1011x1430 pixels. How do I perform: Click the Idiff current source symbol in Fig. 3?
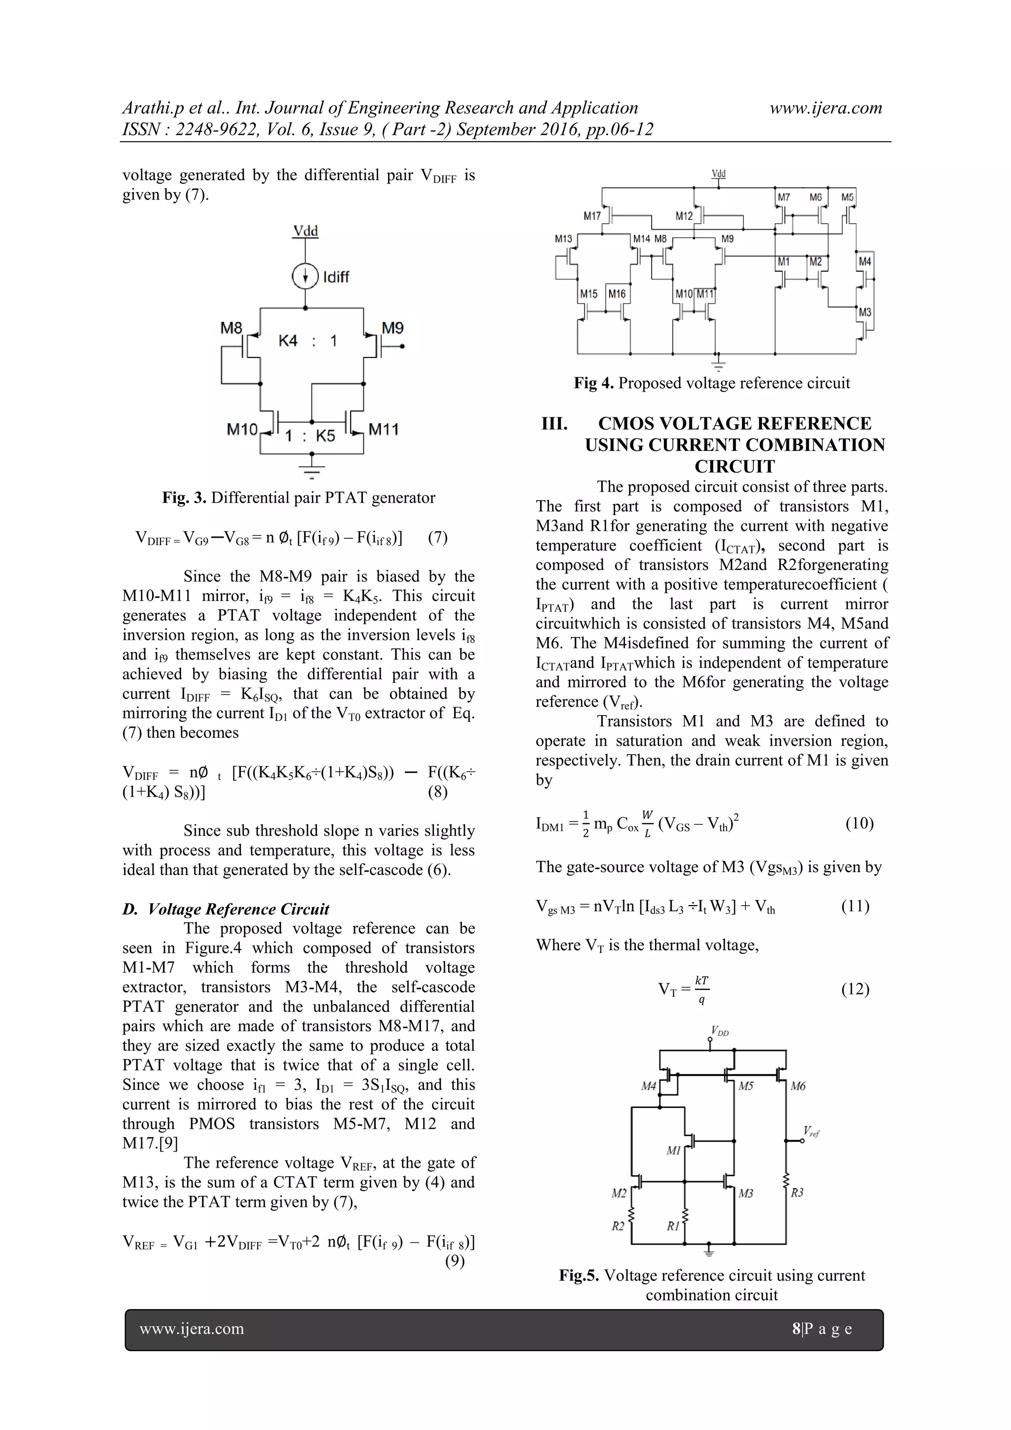(x=305, y=277)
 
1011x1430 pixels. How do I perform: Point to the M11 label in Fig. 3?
(x=384, y=429)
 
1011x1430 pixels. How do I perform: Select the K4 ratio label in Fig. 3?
(x=288, y=341)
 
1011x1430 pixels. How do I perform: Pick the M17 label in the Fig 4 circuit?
(x=592, y=216)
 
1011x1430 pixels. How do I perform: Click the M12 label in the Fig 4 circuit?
(x=684, y=216)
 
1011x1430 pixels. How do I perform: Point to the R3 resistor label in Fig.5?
(x=797, y=1192)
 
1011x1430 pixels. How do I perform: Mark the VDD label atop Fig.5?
(x=720, y=1033)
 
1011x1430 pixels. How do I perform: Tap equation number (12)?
(x=855, y=989)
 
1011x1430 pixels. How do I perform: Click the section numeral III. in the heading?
(x=554, y=424)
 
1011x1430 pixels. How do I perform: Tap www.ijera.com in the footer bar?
(x=192, y=1328)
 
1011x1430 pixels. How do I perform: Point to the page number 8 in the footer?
(x=796, y=1328)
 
